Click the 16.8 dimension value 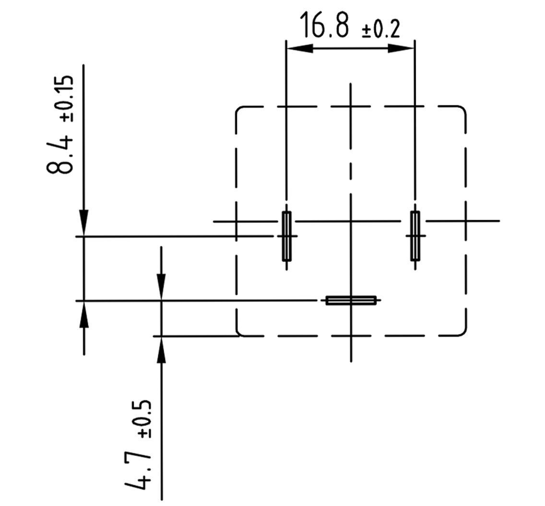click(324, 24)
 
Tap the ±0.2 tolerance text click(381, 30)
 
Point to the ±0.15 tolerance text click(67, 98)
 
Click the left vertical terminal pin click(286, 236)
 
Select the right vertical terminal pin click(415, 236)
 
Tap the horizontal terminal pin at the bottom click(351, 300)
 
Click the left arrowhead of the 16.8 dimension click(299, 48)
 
